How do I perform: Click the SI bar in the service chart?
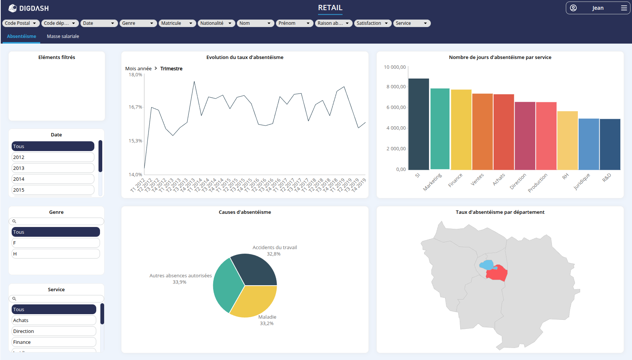point(418,124)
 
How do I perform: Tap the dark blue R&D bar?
point(610,144)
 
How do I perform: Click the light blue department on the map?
point(487,265)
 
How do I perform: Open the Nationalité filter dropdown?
point(216,23)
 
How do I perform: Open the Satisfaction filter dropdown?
point(373,23)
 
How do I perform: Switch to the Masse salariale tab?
point(63,36)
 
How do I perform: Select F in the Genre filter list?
point(55,243)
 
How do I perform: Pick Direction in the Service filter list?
point(53,331)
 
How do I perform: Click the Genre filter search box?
point(56,221)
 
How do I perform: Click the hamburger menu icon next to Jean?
point(624,8)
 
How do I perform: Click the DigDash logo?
point(29,8)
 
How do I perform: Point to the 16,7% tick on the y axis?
point(135,107)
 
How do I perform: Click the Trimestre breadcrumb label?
point(171,68)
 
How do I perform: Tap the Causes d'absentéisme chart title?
point(245,212)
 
